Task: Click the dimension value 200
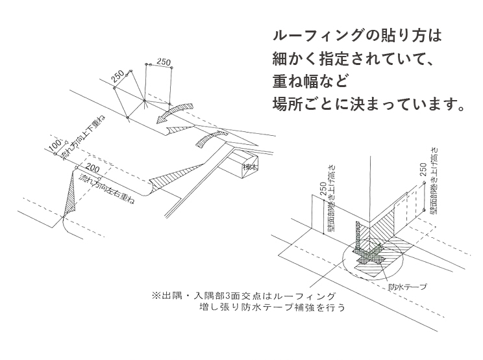coord(93,168)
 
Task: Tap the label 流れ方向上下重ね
coord(82,139)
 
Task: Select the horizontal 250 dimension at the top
coord(164,62)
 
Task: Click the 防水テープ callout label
coord(406,285)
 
